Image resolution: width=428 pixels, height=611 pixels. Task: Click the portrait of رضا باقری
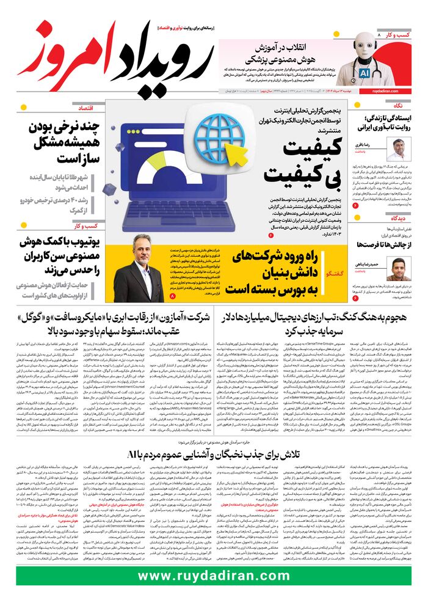(399, 150)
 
